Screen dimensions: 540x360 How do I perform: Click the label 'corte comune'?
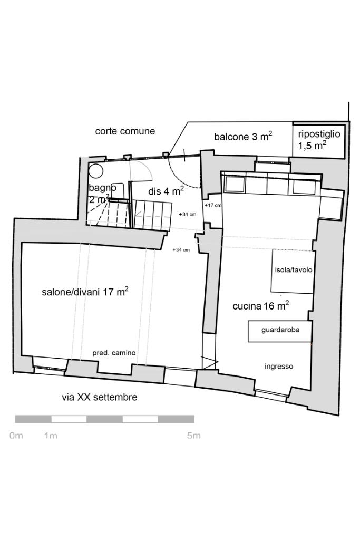pyautogui.click(x=125, y=131)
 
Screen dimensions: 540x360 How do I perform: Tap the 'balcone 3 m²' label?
pyautogui.click(x=243, y=137)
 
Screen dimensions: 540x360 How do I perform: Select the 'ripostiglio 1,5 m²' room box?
pyautogui.click(x=319, y=140)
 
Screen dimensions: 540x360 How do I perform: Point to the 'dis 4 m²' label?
pyautogui.click(x=166, y=191)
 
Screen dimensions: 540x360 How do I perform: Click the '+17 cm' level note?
pyautogui.click(x=213, y=205)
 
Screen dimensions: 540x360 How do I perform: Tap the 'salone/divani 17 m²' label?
pyautogui.click(x=85, y=292)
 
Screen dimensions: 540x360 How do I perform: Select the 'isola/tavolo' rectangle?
pyautogui.click(x=293, y=271)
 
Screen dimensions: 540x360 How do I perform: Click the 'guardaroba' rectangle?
pyautogui.click(x=279, y=331)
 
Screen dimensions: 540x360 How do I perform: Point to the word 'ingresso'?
pyautogui.click(x=279, y=367)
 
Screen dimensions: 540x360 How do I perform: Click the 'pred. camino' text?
pyautogui.click(x=114, y=353)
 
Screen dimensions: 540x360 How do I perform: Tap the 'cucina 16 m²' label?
pyautogui.click(x=260, y=306)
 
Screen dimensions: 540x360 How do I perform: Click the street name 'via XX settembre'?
pyautogui.click(x=100, y=397)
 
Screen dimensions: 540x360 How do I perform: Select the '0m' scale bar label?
pyautogui.click(x=16, y=436)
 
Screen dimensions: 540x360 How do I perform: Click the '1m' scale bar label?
pyautogui.click(x=51, y=436)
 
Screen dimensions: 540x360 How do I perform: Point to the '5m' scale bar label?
pyautogui.click(x=193, y=436)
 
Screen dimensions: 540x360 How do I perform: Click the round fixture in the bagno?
pyautogui.click(x=95, y=171)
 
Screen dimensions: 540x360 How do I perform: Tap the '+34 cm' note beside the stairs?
pyautogui.click(x=187, y=214)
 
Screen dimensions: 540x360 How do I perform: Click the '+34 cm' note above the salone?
pyautogui.click(x=181, y=250)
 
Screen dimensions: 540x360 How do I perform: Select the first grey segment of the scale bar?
pyautogui.click(x=33, y=419)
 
